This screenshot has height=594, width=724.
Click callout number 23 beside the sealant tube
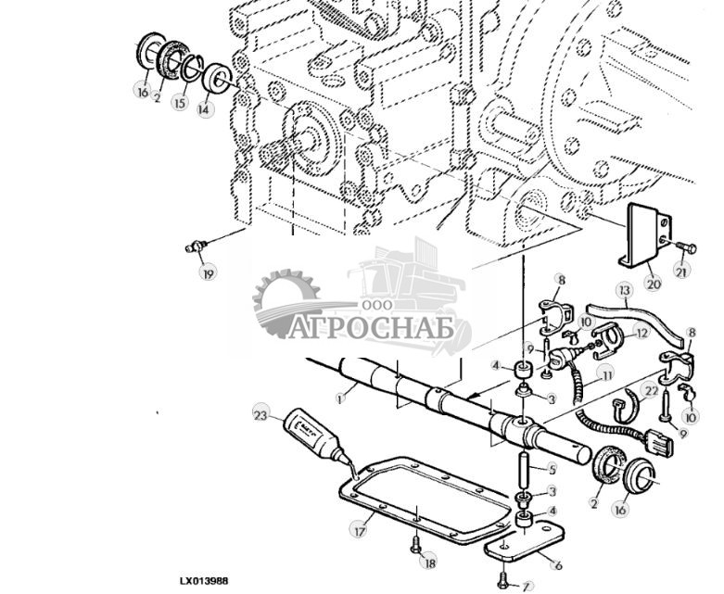point(260,416)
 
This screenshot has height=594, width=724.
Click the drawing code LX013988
point(203,581)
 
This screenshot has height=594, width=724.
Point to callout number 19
point(208,272)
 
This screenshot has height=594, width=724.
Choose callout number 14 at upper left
point(204,108)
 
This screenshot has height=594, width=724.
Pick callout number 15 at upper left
point(180,104)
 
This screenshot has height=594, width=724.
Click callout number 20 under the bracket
point(653,283)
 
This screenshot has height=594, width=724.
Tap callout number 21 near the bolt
point(682,272)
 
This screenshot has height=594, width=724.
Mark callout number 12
point(641,333)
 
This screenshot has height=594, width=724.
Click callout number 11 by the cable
point(607,375)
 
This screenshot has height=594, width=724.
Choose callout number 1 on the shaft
point(341,398)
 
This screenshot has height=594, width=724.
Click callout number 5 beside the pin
point(552,469)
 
